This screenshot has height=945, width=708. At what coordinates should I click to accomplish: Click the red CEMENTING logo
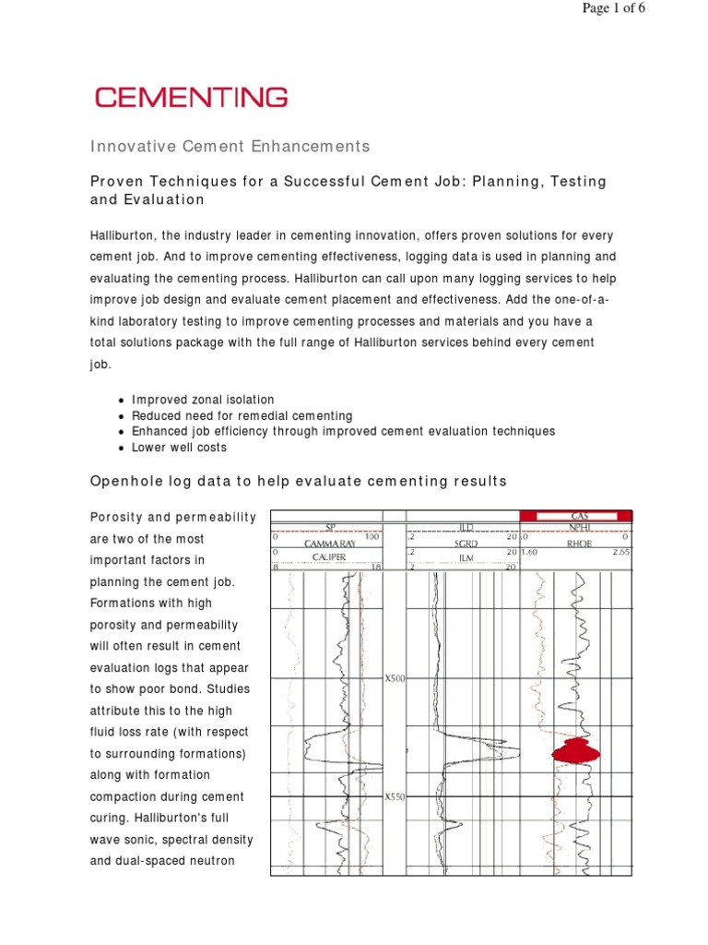pyautogui.click(x=192, y=97)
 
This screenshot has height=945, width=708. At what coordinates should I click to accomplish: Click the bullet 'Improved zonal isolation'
pyautogui.click(x=203, y=400)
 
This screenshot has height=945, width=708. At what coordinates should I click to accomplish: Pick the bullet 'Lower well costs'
pyautogui.click(x=179, y=447)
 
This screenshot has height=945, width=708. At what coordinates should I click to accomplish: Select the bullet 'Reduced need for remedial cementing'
pyautogui.click(x=242, y=415)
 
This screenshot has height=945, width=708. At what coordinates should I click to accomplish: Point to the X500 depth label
pyautogui.click(x=395, y=678)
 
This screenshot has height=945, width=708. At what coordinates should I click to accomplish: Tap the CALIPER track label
pyautogui.click(x=328, y=557)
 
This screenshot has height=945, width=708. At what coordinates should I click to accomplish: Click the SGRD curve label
pyautogui.click(x=466, y=544)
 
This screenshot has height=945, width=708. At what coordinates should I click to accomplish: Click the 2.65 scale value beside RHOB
pyautogui.click(x=621, y=552)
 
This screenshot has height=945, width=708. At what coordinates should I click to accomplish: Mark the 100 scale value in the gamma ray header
pyautogui.click(x=372, y=537)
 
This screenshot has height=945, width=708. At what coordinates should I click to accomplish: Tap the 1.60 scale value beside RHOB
pyautogui.click(x=529, y=552)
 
